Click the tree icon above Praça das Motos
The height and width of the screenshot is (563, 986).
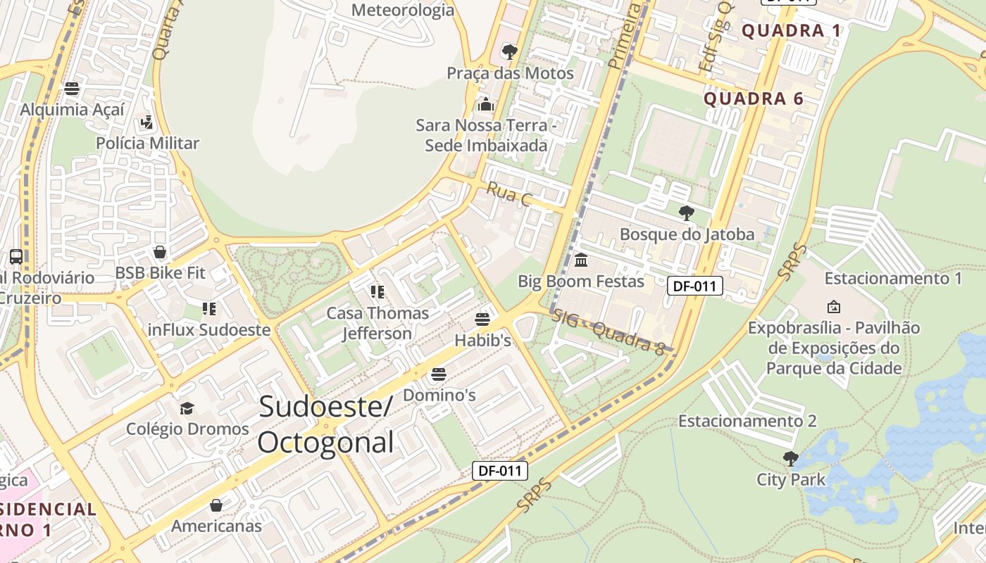pyautogui.click(x=509, y=51)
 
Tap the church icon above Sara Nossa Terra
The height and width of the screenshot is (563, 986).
pyautogui.click(x=485, y=104)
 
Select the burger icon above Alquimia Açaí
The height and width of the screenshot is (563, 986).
pyautogui.click(x=72, y=89)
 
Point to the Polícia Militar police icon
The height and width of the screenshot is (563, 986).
pyautogui.click(x=146, y=122)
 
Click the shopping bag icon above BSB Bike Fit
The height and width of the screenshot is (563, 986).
pyautogui.click(x=160, y=252)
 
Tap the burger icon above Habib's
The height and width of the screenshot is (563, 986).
pyautogui.click(x=482, y=320)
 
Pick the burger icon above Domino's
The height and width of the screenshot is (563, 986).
pyautogui.click(x=439, y=374)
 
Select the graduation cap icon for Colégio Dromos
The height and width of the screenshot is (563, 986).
pyautogui.click(x=187, y=408)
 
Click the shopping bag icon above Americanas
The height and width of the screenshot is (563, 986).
pyautogui.click(x=216, y=505)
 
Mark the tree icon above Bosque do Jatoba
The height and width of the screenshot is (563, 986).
pyautogui.click(x=686, y=213)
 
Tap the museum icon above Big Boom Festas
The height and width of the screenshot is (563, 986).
pyautogui.click(x=581, y=260)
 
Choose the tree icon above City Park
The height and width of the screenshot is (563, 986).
pyautogui.click(x=791, y=459)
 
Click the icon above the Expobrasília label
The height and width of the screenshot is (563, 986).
pyautogui.click(x=834, y=307)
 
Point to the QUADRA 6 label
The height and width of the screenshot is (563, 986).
pyautogui.click(x=754, y=99)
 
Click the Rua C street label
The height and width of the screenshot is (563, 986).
pyautogui.click(x=508, y=194)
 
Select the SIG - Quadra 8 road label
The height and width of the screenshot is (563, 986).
pyautogui.click(x=609, y=331)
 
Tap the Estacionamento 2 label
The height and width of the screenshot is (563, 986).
pyautogui.click(x=747, y=421)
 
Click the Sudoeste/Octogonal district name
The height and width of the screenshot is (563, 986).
pyautogui.click(x=325, y=425)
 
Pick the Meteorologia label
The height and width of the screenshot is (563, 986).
pyautogui.click(x=403, y=10)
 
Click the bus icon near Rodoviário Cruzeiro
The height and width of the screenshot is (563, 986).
pyautogui.click(x=16, y=257)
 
